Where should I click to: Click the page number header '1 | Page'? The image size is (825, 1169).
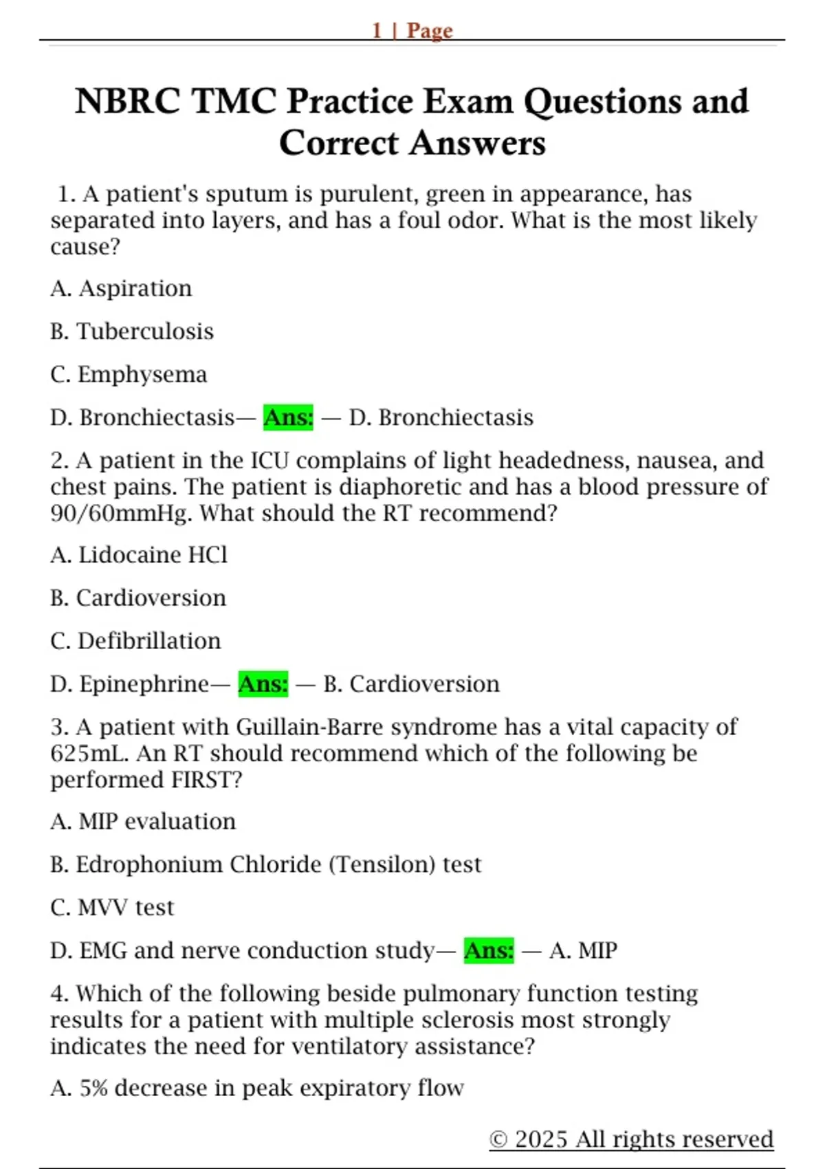pos(412,30)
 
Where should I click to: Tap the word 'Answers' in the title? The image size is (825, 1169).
pos(478,143)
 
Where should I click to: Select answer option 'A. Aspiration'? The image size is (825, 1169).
pos(121,288)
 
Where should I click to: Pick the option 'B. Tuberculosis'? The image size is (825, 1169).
pos(132,331)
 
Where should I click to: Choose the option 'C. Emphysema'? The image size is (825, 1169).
pos(129,374)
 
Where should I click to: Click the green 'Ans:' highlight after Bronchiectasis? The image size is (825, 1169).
pos(288,417)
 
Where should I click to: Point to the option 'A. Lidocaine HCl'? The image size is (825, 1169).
pos(139,555)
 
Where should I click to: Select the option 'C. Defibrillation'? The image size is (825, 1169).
pos(135,641)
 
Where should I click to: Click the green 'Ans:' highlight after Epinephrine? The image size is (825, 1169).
pos(263,684)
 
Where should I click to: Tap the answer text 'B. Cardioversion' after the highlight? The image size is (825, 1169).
pos(412,684)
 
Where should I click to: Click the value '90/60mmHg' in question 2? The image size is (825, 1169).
pos(120,513)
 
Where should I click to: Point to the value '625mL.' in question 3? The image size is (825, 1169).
pos(89,753)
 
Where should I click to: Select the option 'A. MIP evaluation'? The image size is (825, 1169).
pos(143,821)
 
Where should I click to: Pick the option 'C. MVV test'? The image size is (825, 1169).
pos(112,908)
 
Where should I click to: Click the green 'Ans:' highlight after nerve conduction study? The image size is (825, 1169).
pos(489,950)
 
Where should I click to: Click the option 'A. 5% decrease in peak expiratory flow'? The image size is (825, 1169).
pos(257,1088)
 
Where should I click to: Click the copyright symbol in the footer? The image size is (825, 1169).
pos(498,1139)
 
